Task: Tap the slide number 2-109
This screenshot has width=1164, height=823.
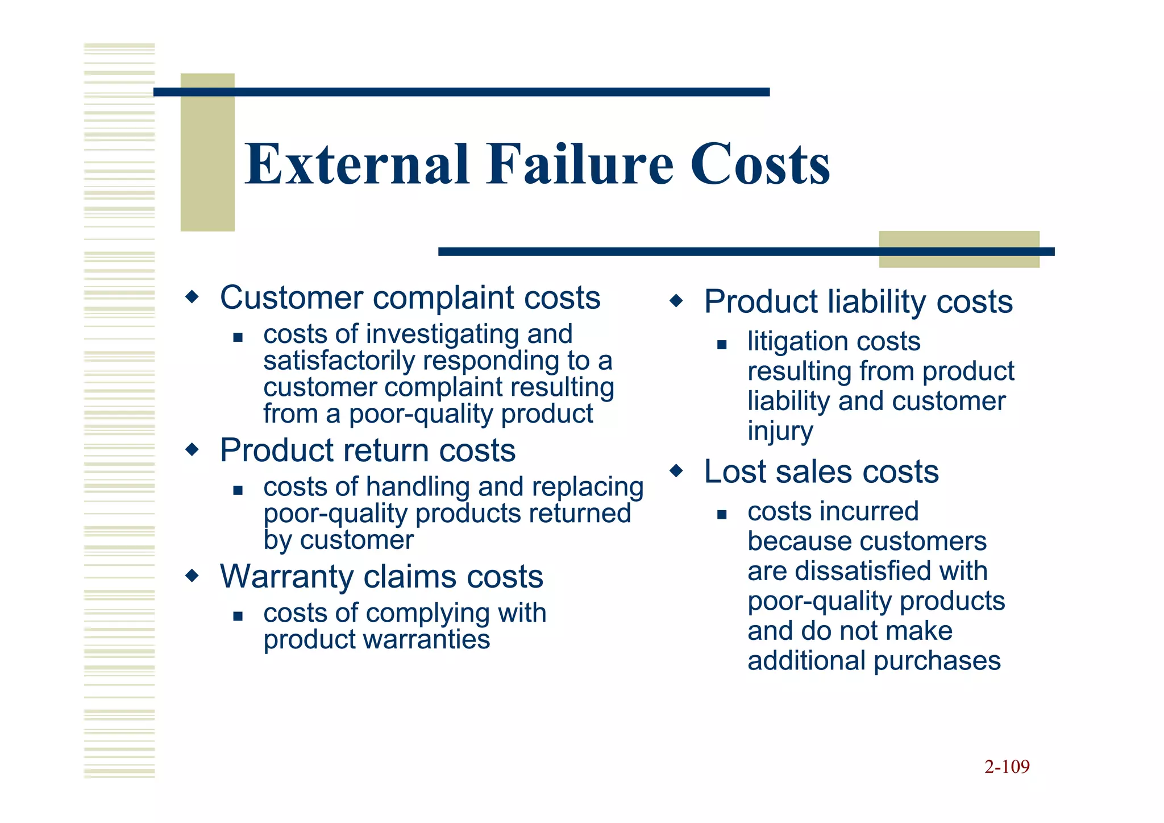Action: pyautogui.click(x=1007, y=767)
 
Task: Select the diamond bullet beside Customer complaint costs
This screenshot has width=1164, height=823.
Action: pyautogui.click(x=193, y=297)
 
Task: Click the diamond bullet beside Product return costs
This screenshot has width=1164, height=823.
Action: pyautogui.click(x=193, y=450)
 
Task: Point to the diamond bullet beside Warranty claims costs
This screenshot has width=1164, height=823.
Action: pyautogui.click(x=193, y=576)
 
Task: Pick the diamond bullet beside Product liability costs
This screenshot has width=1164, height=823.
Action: pyautogui.click(x=676, y=300)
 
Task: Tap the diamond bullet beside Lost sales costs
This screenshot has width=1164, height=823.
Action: pyautogui.click(x=676, y=470)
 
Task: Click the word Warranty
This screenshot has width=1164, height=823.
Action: pyautogui.click(x=286, y=577)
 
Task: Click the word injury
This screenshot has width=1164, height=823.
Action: pyautogui.click(x=780, y=431)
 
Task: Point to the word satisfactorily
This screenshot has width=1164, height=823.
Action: pyautogui.click(x=339, y=361)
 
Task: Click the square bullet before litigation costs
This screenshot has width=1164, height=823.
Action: pyautogui.click(x=722, y=344)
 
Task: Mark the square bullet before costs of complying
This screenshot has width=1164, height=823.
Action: pyautogui.click(x=238, y=615)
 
